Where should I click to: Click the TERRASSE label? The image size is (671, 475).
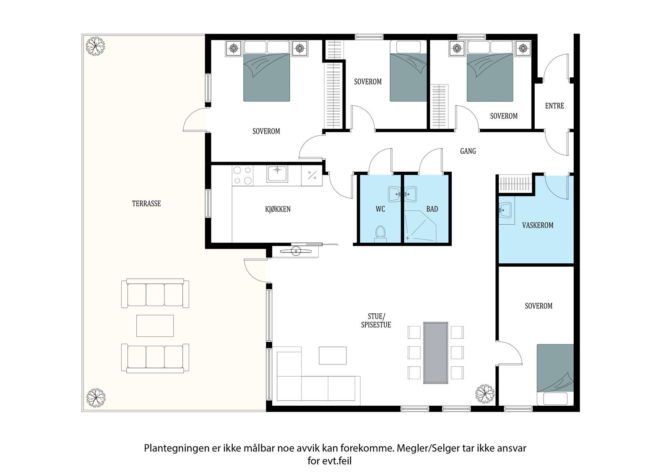tap(146, 204)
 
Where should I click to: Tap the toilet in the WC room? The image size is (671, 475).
tap(380, 233)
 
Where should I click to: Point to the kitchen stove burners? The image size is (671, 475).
tap(243, 176)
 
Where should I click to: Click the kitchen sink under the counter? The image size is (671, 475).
tap(278, 174)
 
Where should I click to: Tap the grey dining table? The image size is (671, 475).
tap(436, 352)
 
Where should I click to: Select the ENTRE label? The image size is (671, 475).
tap(554, 106)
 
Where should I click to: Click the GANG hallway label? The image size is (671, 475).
tap(468, 151)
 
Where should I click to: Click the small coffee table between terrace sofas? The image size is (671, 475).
tap(155, 326)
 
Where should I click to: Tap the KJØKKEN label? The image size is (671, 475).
tap(278, 209)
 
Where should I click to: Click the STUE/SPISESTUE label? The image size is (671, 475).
tap(376, 320)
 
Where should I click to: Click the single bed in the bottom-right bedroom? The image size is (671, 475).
tap(555, 374)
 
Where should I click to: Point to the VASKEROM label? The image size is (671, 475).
tap(538, 226)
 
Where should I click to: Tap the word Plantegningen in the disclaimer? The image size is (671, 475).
tap(174, 448)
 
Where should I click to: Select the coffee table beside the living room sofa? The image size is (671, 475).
tap(333, 355)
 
